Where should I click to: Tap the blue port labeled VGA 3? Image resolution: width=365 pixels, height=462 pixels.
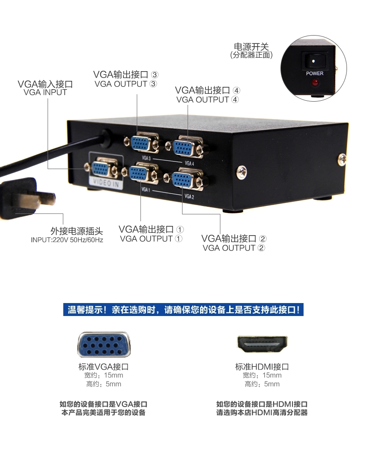click(x=140, y=144)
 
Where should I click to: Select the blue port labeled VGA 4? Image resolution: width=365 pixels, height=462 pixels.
click(x=182, y=148)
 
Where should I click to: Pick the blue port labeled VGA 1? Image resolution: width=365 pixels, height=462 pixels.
click(x=138, y=173)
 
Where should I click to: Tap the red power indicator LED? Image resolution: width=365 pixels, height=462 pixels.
click(x=315, y=82)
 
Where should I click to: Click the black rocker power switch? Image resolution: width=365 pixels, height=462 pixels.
click(x=314, y=61)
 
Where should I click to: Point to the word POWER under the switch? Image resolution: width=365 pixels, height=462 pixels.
click(x=315, y=73)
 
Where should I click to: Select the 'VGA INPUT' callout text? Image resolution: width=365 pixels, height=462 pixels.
click(x=45, y=92)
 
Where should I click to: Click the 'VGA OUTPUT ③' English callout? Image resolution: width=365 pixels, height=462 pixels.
click(x=126, y=84)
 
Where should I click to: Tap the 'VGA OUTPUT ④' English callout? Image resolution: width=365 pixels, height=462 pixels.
click(x=207, y=100)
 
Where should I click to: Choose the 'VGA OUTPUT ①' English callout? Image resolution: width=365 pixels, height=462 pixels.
click(x=151, y=239)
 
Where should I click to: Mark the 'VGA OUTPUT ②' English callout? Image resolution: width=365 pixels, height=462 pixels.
click(x=234, y=248)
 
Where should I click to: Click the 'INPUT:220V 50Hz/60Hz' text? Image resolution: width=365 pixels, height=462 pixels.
click(x=67, y=240)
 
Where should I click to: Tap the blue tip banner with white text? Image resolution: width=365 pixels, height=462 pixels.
click(x=183, y=310)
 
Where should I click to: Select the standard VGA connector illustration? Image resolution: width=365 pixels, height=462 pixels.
click(x=103, y=345)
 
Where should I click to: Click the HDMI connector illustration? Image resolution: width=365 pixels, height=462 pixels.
click(x=262, y=344)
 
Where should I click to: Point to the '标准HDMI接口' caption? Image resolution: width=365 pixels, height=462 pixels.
click(x=262, y=367)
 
